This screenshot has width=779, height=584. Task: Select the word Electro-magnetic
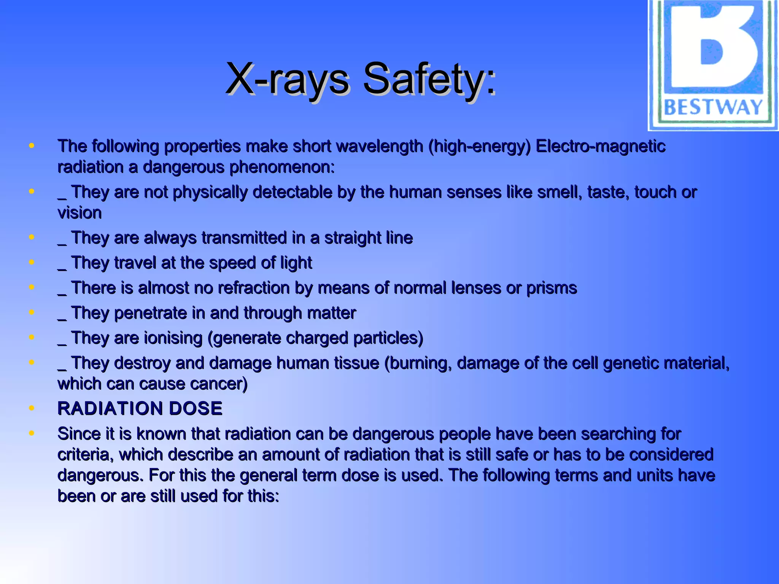pyautogui.click(x=601, y=146)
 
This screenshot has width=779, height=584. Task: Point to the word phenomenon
pyautogui.click(x=281, y=167)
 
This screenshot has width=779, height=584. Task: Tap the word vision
pyautogui.click(x=79, y=213)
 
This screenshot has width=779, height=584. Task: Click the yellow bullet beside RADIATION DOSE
pyautogui.click(x=32, y=408)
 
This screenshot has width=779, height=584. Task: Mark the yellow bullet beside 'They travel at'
pyautogui.click(x=32, y=262)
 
